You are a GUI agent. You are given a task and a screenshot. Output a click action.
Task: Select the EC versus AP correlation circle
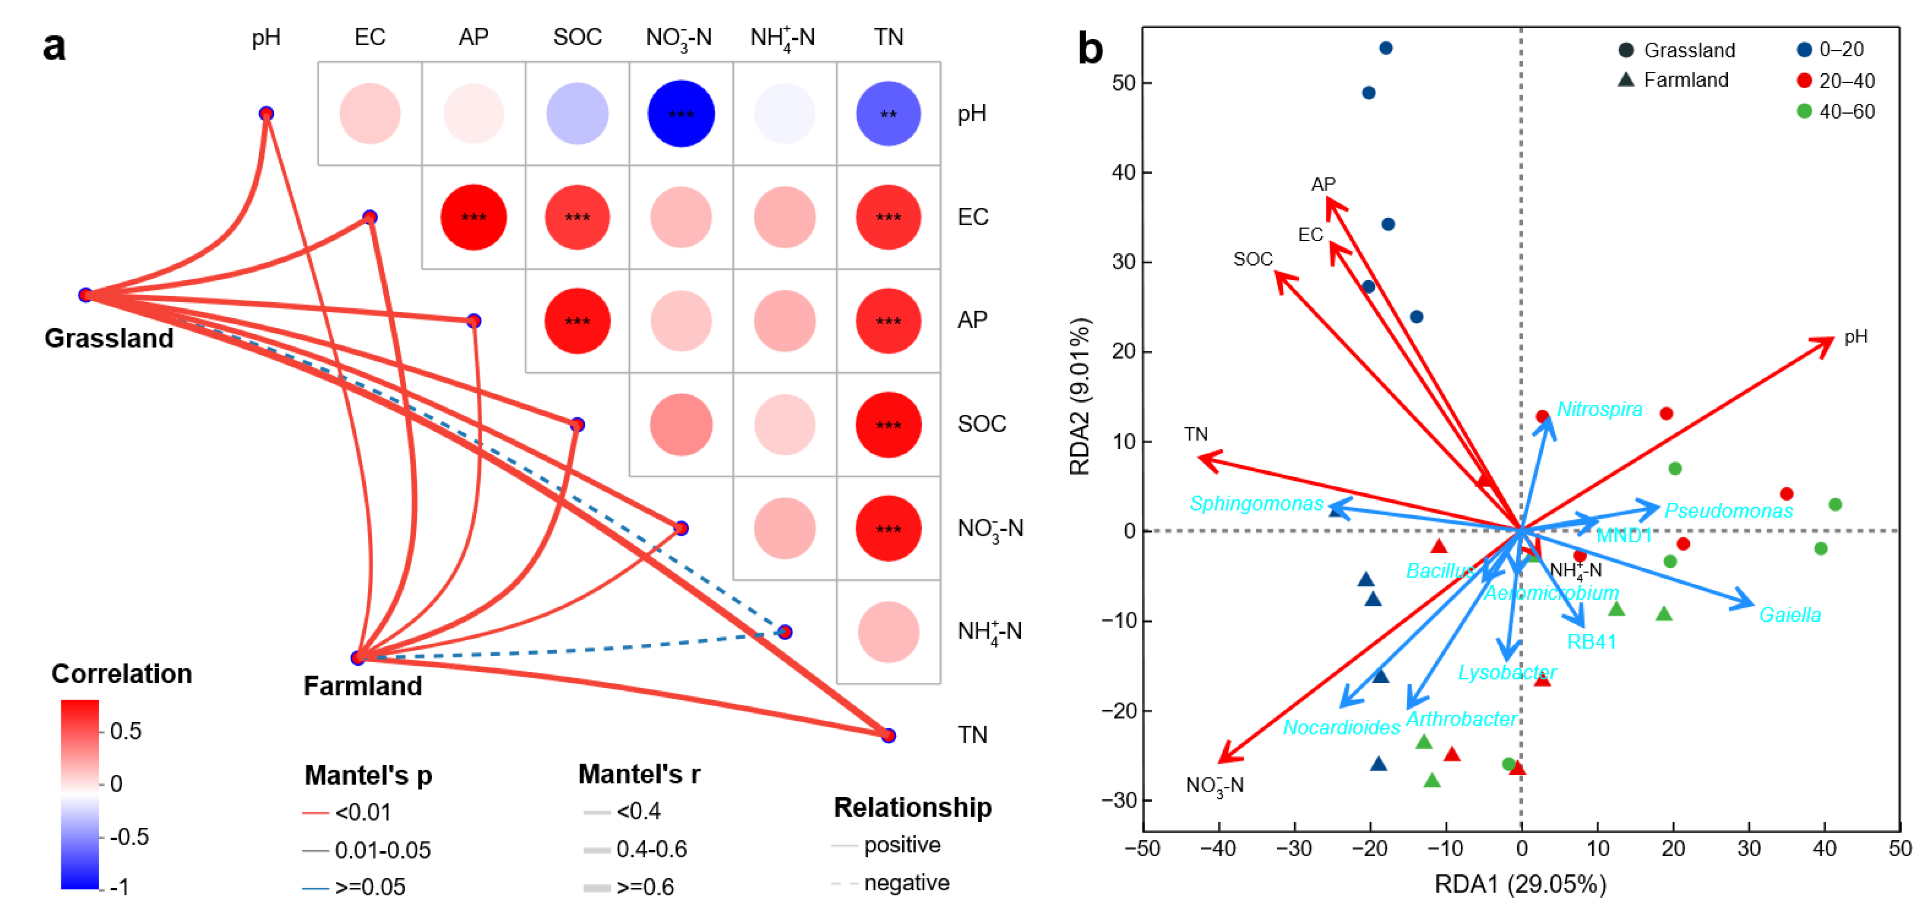tap(474, 217)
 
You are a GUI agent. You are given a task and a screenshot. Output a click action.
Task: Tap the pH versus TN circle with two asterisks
tap(888, 114)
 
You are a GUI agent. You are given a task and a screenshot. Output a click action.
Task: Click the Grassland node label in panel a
tap(109, 338)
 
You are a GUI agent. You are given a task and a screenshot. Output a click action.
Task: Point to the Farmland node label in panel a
tap(363, 686)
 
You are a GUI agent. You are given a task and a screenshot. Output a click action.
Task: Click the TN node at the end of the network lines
tap(888, 736)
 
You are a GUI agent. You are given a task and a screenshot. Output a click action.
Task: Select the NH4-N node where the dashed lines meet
tap(785, 633)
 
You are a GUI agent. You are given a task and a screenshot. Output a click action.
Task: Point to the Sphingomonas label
tap(1256, 504)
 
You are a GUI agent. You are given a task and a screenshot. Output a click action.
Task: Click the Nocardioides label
tap(1341, 727)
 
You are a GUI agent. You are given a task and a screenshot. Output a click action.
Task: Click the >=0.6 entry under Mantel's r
tap(645, 887)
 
